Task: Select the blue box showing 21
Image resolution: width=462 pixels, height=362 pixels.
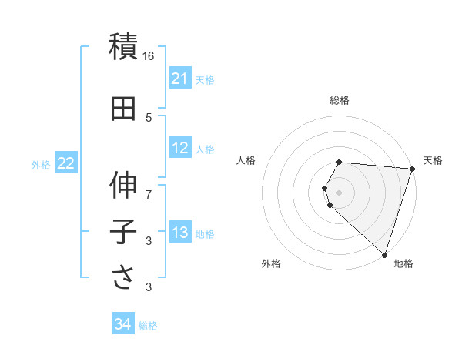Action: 179,79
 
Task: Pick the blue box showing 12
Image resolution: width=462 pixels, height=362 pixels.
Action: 179,149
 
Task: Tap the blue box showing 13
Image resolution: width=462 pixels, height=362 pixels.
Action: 179,233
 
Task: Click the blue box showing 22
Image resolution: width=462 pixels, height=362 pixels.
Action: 65,163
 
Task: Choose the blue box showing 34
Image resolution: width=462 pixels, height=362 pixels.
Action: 122,325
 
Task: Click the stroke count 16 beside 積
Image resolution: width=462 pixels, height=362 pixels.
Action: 149,56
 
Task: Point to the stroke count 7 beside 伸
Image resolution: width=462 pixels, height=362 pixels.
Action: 149,194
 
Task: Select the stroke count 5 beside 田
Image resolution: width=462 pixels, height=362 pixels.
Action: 149,117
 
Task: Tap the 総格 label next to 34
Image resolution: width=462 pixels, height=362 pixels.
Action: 148,326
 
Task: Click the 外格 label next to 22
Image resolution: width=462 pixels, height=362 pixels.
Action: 41,164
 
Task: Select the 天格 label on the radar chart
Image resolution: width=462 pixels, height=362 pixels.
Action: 433,160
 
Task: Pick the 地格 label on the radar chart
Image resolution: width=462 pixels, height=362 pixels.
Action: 403,263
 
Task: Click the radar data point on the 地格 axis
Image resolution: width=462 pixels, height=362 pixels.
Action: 384,254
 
